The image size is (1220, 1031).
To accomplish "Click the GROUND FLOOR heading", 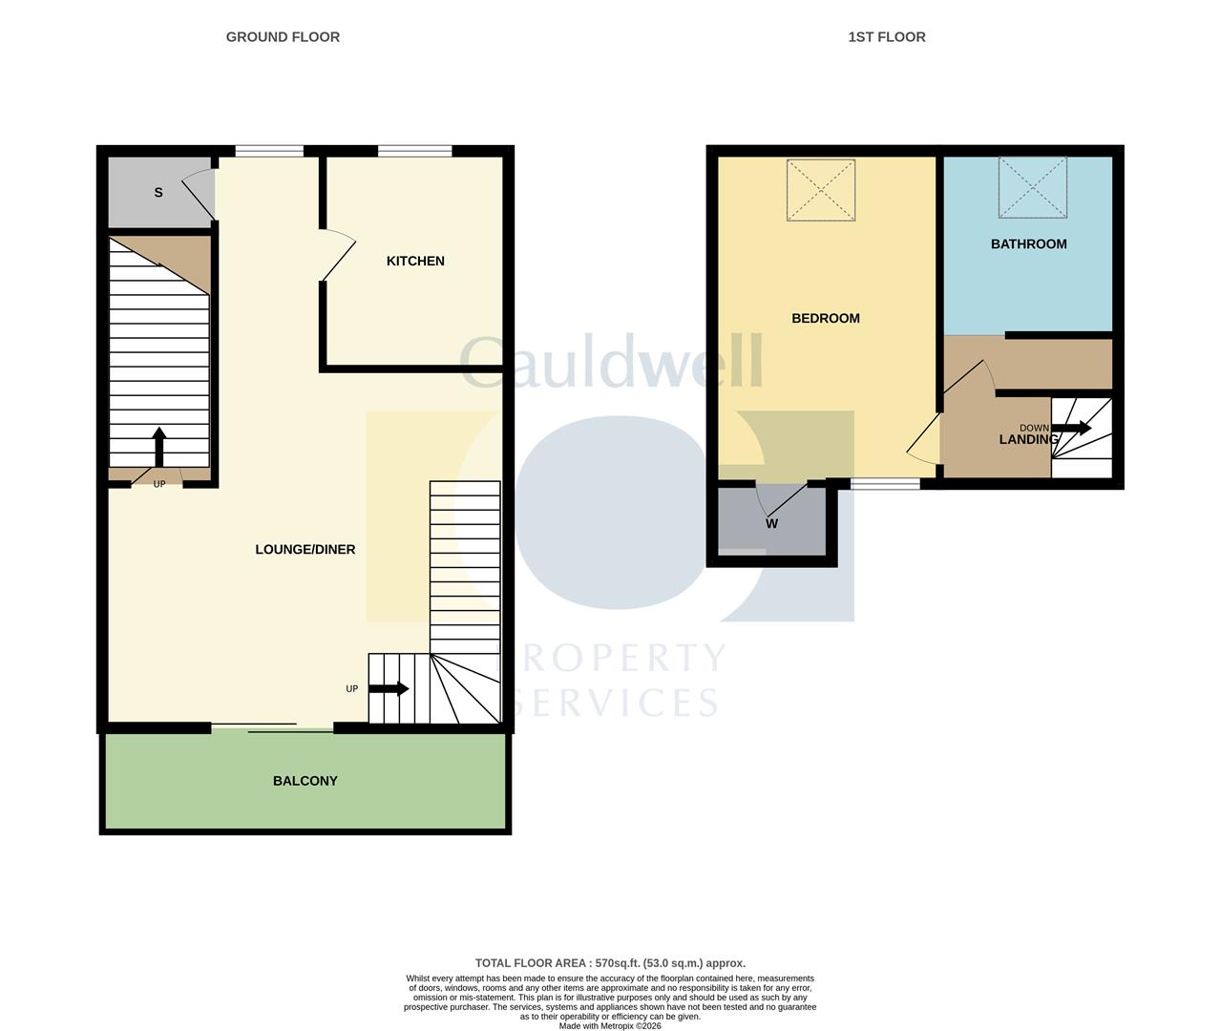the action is click(x=283, y=37).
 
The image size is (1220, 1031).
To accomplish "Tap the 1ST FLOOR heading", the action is click(x=887, y=37).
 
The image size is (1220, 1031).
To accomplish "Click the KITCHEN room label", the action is click(x=415, y=261).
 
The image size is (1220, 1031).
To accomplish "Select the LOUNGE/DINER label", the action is click(x=305, y=550).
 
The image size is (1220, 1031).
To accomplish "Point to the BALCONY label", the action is click(x=305, y=781).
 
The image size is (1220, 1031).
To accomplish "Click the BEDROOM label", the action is click(x=826, y=318).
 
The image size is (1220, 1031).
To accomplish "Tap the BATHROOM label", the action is click(x=1029, y=243).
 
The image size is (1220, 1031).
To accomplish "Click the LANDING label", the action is click(x=1028, y=439).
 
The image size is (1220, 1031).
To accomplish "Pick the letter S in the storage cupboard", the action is click(x=158, y=192).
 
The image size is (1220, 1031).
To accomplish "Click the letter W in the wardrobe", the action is click(x=772, y=524).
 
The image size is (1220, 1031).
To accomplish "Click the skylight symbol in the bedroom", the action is click(x=821, y=190).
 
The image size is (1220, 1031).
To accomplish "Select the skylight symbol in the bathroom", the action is click(x=1033, y=187).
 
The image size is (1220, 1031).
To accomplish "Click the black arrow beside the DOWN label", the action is click(x=1072, y=428).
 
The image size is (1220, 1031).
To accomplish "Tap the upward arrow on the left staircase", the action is click(x=158, y=447).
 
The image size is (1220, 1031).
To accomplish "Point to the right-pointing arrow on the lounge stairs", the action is click(x=389, y=688).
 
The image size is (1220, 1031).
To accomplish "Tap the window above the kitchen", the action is click(x=415, y=152).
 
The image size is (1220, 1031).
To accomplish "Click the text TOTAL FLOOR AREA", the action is click(x=531, y=963).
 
